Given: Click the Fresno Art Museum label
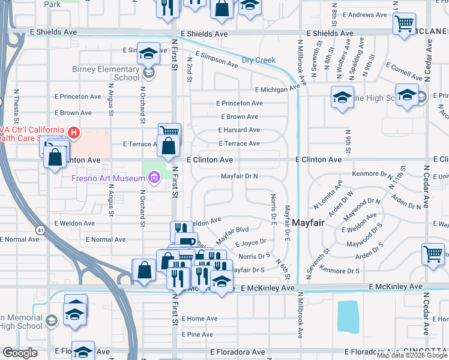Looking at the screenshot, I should point(107,178).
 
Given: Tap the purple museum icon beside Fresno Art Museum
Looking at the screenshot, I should point(154,178).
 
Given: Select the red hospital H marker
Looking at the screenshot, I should point(74,132).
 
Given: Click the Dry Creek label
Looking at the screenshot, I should point(258,60).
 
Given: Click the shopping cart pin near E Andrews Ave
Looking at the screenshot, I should point(405,25).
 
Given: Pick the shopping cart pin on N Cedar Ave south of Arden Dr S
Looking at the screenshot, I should point(433,254).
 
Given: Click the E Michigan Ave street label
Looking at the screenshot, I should point(277,89).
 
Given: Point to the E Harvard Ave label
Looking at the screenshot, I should point(239,130).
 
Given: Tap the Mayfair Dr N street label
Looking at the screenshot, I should point(239,176).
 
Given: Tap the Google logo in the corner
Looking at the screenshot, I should point(20,353).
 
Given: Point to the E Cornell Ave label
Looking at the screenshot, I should point(405,71).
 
